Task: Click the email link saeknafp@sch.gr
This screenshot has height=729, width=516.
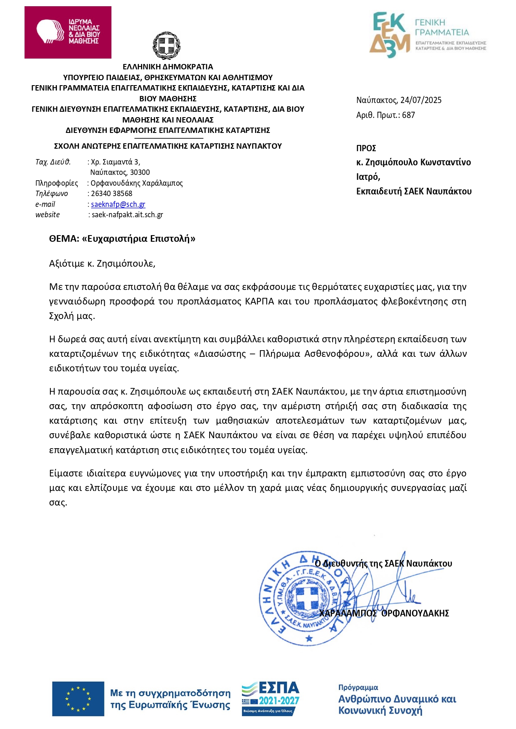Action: (118, 204)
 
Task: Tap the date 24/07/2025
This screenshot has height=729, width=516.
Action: (421, 100)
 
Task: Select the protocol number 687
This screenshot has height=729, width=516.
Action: (408, 115)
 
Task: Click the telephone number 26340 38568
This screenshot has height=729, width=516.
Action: (111, 194)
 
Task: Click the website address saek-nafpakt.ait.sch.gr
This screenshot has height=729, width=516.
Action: (127, 215)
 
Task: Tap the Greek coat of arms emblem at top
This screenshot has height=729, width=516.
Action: (166, 45)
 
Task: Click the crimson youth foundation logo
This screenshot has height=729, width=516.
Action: (68, 32)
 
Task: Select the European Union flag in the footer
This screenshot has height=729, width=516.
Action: (78, 699)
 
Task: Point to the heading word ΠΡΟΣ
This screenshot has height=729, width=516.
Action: (366, 148)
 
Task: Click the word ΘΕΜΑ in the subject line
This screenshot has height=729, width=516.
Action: (64, 238)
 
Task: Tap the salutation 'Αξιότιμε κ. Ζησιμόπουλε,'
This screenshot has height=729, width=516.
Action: (102, 263)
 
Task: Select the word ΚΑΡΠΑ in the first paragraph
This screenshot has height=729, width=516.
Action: (259, 301)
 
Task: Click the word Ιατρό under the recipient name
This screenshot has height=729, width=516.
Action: (368, 177)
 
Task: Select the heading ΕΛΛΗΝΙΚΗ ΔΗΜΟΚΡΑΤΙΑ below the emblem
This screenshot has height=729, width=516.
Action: (168, 67)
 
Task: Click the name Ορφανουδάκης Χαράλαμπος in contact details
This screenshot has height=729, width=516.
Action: (137, 183)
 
